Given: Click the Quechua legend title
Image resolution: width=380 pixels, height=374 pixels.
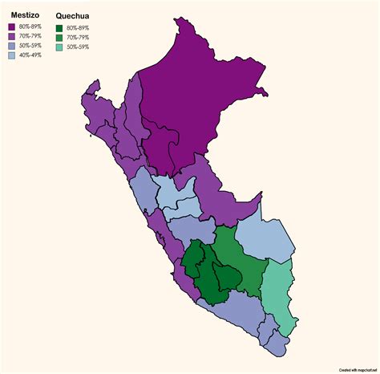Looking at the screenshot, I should point(72,15).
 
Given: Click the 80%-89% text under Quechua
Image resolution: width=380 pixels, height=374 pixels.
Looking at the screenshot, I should point(78,28).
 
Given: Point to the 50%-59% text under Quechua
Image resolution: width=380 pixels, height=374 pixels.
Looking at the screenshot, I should point(78,47).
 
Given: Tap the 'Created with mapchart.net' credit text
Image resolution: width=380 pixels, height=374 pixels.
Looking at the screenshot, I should point(358,369).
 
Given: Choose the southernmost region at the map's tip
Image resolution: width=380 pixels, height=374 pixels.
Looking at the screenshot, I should point(277,344).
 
